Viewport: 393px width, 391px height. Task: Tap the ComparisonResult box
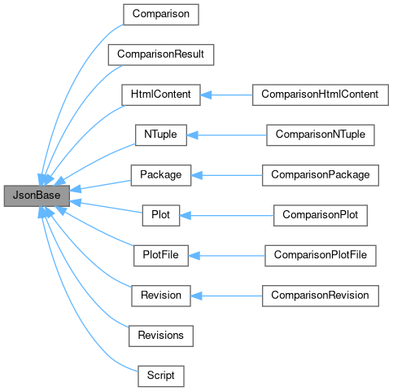pos(160,55)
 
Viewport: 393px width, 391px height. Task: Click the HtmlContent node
pos(160,94)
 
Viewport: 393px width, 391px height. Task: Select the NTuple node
pos(160,134)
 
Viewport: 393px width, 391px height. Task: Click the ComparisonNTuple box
pos(320,134)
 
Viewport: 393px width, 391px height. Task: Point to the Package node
pos(160,175)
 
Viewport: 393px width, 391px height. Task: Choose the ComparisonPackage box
pos(320,175)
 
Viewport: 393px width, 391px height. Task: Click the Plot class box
pos(160,215)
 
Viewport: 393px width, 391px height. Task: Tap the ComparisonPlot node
pos(320,215)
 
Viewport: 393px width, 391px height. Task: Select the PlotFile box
pos(160,255)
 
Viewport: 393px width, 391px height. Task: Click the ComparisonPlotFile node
pos(320,255)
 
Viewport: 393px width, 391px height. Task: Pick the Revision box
pos(160,295)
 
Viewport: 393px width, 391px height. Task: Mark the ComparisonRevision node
pos(320,295)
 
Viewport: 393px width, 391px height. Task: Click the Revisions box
pos(160,335)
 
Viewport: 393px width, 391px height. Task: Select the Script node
pos(160,376)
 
